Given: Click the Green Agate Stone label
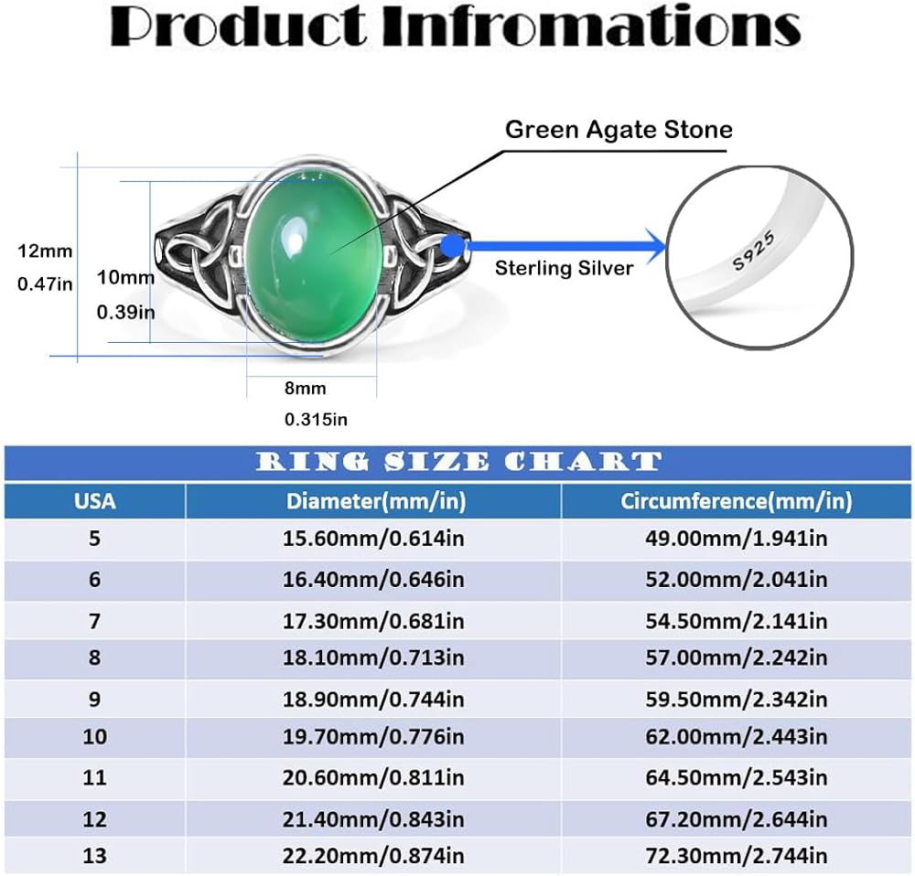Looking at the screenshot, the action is click(619, 129).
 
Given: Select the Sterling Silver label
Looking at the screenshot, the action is click(564, 268).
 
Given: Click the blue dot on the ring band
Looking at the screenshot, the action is click(451, 245).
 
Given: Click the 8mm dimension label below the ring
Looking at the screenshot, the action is click(305, 389).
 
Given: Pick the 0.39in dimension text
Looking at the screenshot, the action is click(125, 312).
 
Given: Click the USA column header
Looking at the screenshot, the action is click(95, 501).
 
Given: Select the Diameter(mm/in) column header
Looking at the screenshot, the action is click(375, 501).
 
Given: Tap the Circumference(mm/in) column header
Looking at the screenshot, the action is click(736, 501).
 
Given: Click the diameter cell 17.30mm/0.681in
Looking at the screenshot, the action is click(375, 621).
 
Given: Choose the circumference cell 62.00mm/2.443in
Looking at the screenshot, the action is click(736, 737).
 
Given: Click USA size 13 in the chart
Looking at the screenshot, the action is click(94, 856).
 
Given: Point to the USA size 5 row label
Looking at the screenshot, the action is click(94, 539).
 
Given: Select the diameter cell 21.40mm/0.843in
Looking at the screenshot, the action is click(375, 817).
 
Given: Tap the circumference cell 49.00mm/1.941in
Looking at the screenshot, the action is click(736, 539).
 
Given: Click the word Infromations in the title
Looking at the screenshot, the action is click(591, 27).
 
